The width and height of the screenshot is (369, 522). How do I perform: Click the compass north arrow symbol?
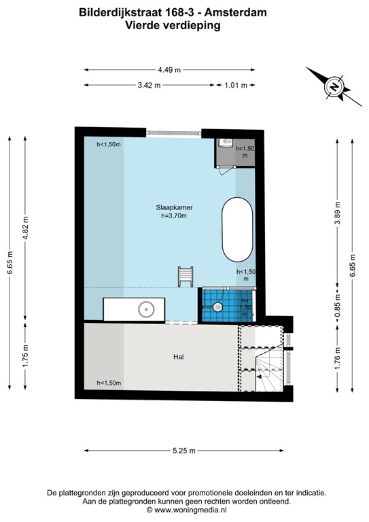(x=332, y=86)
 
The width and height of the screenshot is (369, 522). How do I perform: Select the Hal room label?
(x=179, y=356)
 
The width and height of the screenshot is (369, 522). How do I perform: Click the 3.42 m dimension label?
(x=149, y=85)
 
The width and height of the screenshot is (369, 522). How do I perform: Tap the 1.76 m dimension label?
(x=336, y=358)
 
